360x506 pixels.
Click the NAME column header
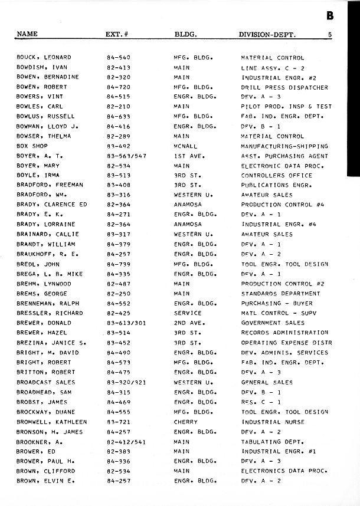coord(27,34)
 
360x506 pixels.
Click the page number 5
coord(330,35)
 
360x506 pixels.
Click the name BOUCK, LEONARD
coord(44,58)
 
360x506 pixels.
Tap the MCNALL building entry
coord(185,146)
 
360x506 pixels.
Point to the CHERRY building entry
coord(185,422)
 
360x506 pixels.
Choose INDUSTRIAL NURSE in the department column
coord(273,422)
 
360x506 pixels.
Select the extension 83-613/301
coord(126,323)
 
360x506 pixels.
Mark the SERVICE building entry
coord(187,313)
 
